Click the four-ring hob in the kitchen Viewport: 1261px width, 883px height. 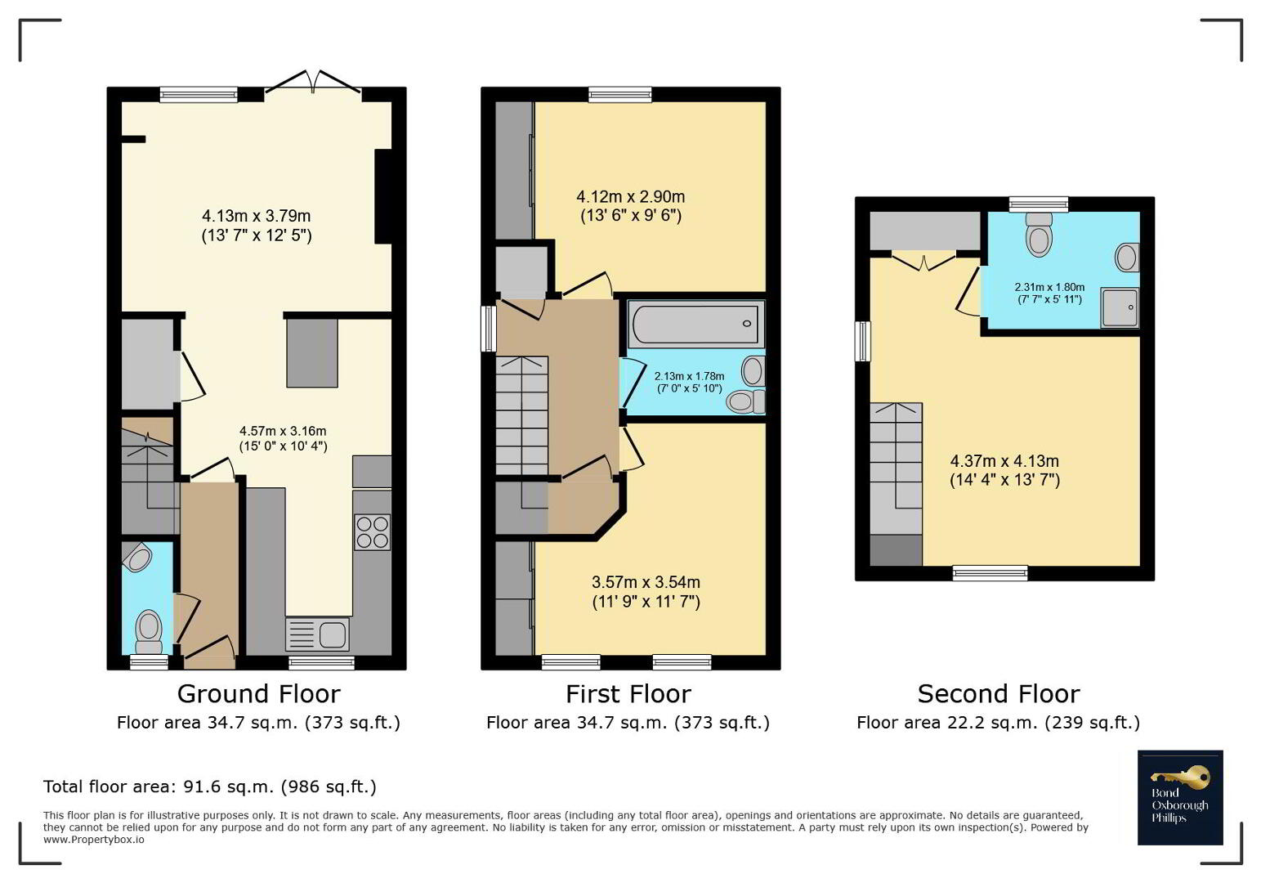pyautogui.click(x=372, y=532)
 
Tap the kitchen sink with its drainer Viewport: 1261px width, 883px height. pyautogui.click(x=318, y=634)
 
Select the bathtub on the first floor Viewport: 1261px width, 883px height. pyautogui.click(x=695, y=324)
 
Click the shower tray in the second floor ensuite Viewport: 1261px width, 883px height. pyautogui.click(x=1120, y=307)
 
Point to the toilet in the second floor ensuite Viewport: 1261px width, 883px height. pyautogui.click(x=1039, y=235)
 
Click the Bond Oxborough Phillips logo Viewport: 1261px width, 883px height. pyautogui.click(x=1180, y=797)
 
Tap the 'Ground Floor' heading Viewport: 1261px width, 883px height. pyautogui.click(x=259, y=694)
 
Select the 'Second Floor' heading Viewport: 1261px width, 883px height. pyautogui.click(x=999, y=694)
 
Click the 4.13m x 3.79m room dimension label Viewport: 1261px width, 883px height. pyautogui.click(x=257, y=226)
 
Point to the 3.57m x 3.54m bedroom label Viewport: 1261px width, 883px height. pyautogui.click(x=646, y=592)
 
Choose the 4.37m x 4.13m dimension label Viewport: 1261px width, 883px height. pyautogui.click(x=1005, y=470)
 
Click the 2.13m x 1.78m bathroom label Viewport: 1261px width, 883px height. pyautogui.click(x=690, y=382)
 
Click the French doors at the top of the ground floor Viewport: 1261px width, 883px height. pyautogui.click(x=313, y=82)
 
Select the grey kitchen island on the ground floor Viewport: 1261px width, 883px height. pyautogui.click(x=312, y=353)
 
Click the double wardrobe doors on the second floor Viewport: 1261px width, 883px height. pyautogui.click(x=924, y=260)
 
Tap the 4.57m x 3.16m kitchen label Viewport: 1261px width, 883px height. pyautogui.click(x=283, y=439)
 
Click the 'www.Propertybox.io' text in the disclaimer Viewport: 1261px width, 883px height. pyautogui.click(x=94, y=840)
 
